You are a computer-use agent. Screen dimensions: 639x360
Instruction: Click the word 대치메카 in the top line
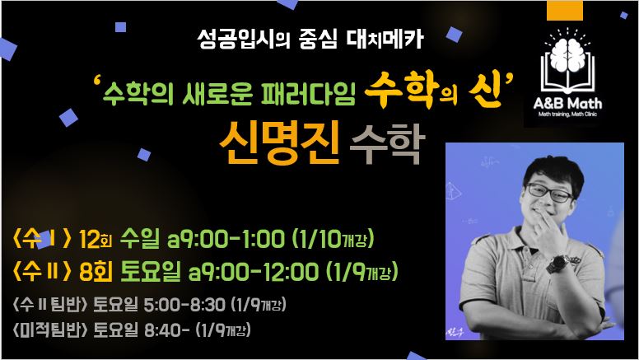tap(385, 40)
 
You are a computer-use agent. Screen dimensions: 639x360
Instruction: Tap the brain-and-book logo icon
tap(567, 60)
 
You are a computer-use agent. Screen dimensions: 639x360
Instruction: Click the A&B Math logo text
tap(567, 103)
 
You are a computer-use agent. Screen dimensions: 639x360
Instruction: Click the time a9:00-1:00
tap(226, 239)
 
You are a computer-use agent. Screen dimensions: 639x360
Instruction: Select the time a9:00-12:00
tap(253, 272)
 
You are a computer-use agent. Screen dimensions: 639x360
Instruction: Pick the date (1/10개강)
tap(333, 239)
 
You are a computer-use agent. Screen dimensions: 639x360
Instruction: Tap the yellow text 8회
tap(96, 272)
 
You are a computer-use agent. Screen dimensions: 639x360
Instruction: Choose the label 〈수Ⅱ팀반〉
tap(50, 304)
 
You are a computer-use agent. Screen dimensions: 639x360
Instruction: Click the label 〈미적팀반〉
tap(50, 330)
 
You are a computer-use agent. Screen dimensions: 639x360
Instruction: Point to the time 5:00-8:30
tap(184, 305)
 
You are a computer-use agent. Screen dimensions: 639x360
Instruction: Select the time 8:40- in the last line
tap(166, 330)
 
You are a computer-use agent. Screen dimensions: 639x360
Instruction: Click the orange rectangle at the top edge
tap(565, 10)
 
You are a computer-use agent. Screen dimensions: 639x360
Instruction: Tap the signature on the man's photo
tap(455, 331)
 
